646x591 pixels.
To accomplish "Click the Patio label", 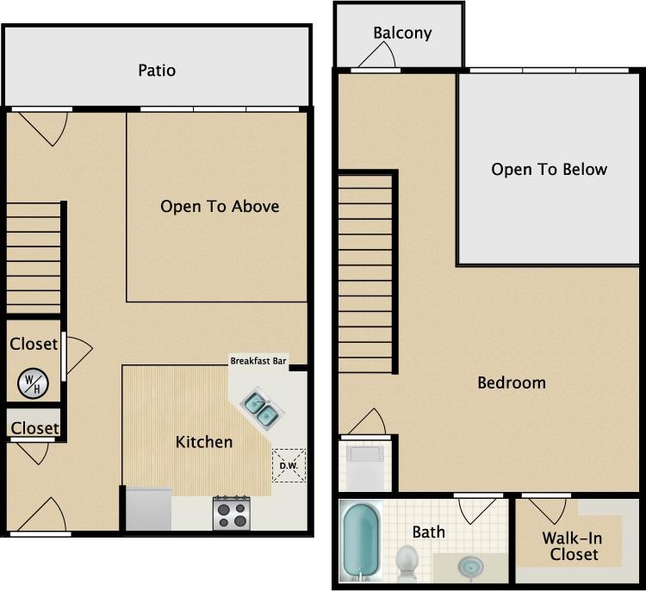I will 157,70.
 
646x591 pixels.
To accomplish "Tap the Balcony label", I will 402,34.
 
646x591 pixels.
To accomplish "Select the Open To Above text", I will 220,207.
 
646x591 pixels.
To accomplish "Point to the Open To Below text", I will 549,169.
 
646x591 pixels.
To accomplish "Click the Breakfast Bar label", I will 258,361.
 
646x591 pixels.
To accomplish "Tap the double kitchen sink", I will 261,409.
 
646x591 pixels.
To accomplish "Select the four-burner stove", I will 231,513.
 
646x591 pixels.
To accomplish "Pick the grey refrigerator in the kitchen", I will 148,509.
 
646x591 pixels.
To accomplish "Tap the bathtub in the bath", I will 358,541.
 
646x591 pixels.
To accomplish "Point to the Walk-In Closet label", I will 571,546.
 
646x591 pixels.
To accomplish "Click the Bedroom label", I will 512,383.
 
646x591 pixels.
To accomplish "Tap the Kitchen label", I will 204,442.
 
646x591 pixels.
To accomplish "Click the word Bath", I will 428,532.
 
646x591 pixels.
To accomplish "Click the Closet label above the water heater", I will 34,344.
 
